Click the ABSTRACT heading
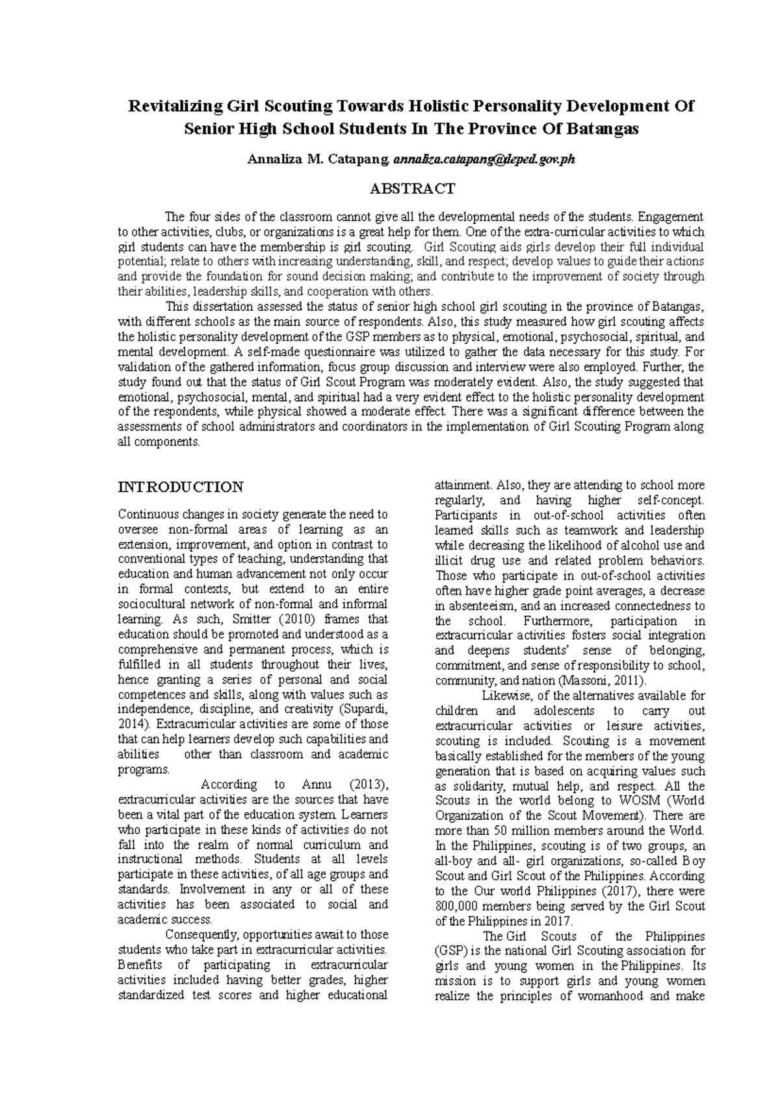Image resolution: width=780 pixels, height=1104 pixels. click(412, 189)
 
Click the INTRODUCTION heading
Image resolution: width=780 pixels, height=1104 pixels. click(181, 487)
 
